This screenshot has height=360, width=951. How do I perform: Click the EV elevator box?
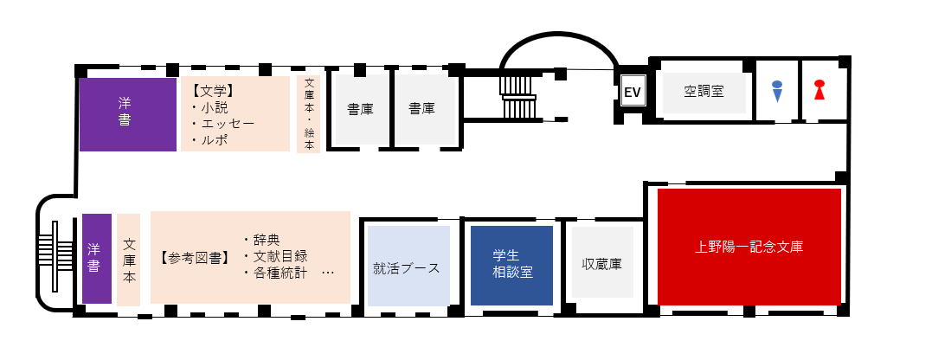[x=633, y=93]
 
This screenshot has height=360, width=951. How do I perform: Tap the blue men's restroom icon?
[x=777, y=91]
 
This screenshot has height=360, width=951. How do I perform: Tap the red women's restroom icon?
[x=819, y=90]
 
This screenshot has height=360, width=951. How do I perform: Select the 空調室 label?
[x=704, y=92]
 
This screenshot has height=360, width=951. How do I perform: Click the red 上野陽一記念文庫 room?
[x=749, y=247]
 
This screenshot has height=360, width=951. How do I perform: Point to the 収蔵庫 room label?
[x=601, y=264]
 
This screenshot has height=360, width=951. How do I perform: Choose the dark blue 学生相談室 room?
[x=512, y=266]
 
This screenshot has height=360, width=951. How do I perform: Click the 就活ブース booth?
[x=408, y=266]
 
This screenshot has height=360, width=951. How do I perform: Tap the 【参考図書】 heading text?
[x=196, y=258]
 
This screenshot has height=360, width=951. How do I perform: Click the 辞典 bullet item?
[x=261, y=241]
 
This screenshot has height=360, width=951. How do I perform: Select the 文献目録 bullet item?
[x=275, y=256]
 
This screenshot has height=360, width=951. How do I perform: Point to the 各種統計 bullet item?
[x=275, y=273]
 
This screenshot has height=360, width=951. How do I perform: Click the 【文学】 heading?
[x=212, y=92]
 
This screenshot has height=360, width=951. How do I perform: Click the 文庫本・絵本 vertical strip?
[x=309, y=114]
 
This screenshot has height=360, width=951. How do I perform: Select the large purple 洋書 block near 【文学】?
[x=128, y=114]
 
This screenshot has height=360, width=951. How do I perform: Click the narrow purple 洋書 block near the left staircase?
[x=97, y=259]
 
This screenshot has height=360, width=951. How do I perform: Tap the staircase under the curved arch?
[x=518, y=97]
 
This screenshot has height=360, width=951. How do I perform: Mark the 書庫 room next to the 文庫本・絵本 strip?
[x=360, y=110]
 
